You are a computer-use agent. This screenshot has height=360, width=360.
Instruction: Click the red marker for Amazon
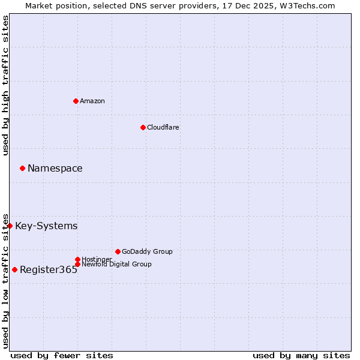[76, 101]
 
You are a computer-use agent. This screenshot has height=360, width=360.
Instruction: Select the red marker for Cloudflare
[143, 127]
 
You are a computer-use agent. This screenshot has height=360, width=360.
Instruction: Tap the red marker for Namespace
[22, 168]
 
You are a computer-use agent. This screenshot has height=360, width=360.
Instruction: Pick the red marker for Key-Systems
[10, 226]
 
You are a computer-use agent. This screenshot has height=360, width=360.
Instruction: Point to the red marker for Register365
[14, 269]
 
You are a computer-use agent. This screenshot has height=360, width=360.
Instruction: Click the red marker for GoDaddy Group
[118, 251]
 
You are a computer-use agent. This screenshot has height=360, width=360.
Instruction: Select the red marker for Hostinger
[77, 259]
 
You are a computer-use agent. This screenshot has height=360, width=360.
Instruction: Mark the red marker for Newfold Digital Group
[77, 264]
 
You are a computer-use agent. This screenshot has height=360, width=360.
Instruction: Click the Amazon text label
[92, 101]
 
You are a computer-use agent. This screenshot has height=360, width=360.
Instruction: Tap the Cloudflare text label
[163, 127]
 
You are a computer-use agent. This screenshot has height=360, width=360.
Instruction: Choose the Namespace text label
[55, 168]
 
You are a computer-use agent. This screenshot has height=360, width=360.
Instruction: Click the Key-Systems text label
[46, 226]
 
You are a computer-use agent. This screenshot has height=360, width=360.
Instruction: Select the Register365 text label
[49, 269]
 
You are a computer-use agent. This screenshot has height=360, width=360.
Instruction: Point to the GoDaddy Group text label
[147, 251]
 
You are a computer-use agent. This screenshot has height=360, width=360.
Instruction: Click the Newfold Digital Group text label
[116, 264]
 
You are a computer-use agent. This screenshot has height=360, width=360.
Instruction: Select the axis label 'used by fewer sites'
[62, 355]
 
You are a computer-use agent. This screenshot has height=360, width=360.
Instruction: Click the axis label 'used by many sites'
[301, 355]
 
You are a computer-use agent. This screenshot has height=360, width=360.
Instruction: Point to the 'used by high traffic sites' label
[5, 85]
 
